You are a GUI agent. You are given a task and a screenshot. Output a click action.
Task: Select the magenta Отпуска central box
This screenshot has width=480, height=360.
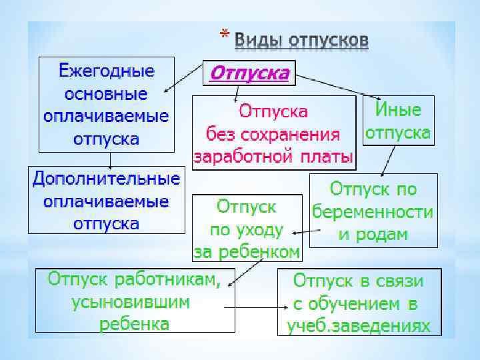(250, 72)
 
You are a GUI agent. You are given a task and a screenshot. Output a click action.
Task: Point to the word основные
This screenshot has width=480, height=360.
(106, 93)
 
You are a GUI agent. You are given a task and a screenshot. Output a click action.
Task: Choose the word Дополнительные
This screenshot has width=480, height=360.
(106, 179)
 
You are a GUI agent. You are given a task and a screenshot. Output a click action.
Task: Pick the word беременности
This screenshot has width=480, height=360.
(373, 212)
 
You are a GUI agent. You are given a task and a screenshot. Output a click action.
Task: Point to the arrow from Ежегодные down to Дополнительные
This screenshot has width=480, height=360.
(111, 159)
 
